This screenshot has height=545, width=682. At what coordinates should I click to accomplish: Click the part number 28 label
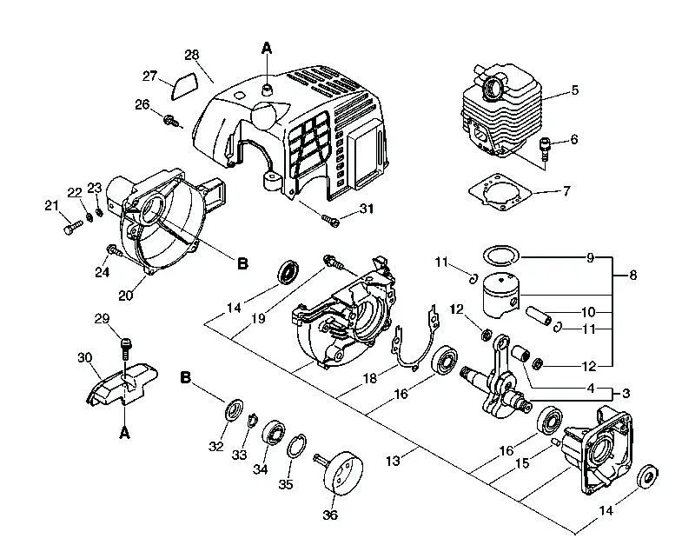coord(192,55)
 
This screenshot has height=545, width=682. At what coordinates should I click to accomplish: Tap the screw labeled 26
coord(171,121)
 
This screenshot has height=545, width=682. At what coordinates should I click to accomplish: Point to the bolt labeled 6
coord(544,150)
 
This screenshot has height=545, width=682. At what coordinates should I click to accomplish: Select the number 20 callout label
coord(126,296)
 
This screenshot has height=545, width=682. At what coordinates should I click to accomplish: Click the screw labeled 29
coord(126,348)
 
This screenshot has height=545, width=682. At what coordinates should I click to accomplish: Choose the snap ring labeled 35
coord(296,446)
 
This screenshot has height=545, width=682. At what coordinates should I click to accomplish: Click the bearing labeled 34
coord(274,432)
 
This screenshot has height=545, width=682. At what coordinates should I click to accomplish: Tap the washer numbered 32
coord(235,409)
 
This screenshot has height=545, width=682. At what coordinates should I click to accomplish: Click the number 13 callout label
coord(393,461)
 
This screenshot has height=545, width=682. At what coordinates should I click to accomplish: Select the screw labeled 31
coord(330,220)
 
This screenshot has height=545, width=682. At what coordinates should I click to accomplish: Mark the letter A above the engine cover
coord(267,48)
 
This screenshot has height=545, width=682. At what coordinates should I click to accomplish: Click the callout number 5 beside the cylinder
coord(575,90)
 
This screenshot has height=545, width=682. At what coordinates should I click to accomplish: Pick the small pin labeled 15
coord(555,442)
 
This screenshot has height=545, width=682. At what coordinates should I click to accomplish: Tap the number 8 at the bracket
coord(632,276)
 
